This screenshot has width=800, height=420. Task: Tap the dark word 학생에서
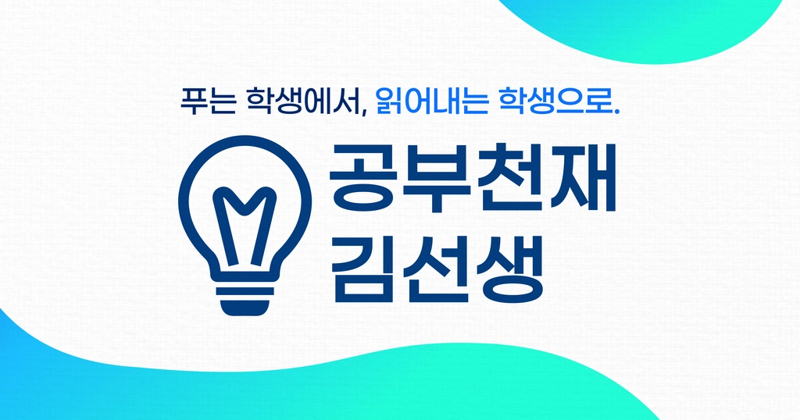(x=304, y=101)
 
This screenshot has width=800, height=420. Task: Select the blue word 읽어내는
(x=430, y=101)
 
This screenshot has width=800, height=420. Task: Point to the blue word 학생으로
(x=554, y=101)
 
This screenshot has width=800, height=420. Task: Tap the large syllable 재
(x=581, y=178)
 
